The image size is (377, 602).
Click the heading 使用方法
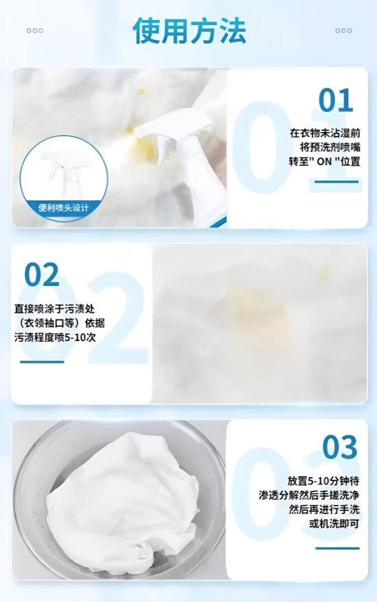pos(190,31)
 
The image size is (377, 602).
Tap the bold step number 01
pos(336,100)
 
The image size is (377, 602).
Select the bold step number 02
pos(41,274)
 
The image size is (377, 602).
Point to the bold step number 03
pos(340,447)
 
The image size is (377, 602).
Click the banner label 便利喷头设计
pos(63,208)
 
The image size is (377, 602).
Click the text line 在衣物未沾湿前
pos(325,133)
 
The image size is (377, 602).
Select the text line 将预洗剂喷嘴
pos(330,147)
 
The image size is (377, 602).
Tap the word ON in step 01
pos(324,162)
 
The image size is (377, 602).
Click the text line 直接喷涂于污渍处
pos(54,309)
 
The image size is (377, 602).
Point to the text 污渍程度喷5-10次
pos(55,338)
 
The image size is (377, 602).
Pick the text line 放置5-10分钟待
pos(323,481)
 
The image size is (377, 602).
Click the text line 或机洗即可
pos(334,524)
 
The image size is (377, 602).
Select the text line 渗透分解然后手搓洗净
pos(309,495)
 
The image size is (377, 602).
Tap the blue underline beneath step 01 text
pos(337,182)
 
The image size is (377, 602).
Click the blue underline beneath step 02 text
pos(42,362)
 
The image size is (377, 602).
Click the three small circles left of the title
pos(35,31)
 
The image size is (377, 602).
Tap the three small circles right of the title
pos(344,31)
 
